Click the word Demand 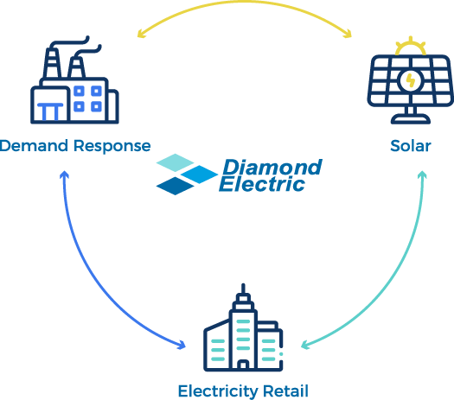tap(35, 145)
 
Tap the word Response tap(112, 146)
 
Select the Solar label tap(411, 145)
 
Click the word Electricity tap(218, 391)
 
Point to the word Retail tap(285, 391)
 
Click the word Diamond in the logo tap(272, 168)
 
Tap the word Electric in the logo tap(262, 184)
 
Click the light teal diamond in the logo tap(176, 162)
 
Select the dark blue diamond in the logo tap(176, 186)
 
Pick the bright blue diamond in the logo tap(199, 175)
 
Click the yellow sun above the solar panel tap(411, 47)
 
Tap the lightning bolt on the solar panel tap(410, 80)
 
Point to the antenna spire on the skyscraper tap(243, 289)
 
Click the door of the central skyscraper tap(243, 365)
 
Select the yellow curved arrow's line tap(244, 3)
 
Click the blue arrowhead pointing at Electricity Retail tap(182, 344)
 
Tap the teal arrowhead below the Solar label tap(423, 175)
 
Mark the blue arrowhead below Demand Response tap(64, 175)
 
